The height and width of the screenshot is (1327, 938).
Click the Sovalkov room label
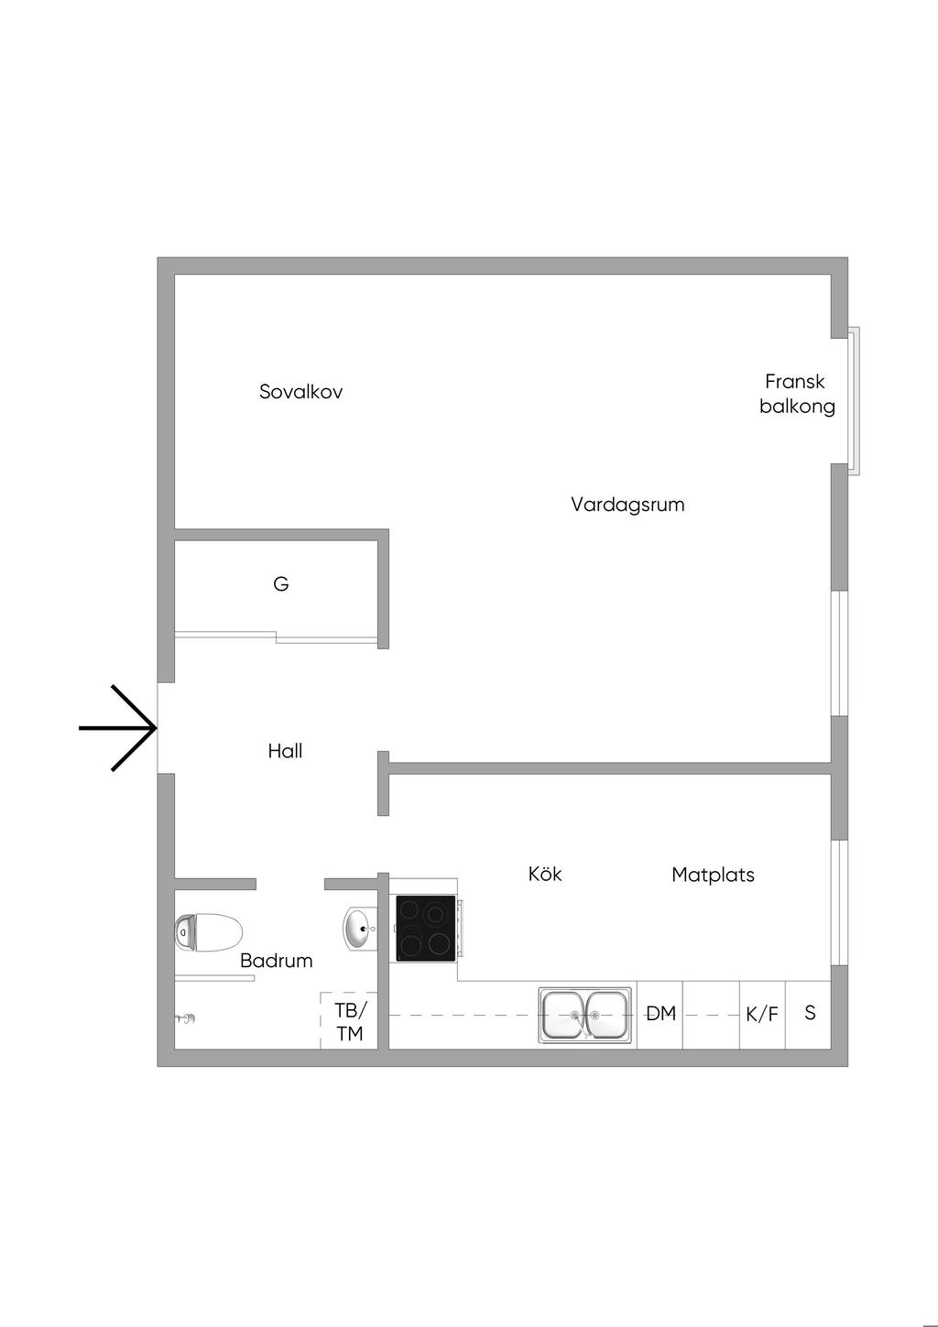(300, 392)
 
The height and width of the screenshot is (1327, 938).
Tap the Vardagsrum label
(627, 505)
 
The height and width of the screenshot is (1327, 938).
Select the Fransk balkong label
(796, 394)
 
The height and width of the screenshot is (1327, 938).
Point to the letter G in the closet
(281, 583)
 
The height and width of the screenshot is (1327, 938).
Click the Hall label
(285, 751)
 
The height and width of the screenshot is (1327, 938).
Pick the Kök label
(545, 874)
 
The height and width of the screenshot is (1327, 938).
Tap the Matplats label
(713, 875)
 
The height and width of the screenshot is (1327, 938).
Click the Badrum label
(276, 961)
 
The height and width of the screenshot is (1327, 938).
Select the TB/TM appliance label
(349, 1022)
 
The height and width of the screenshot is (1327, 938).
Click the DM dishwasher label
(660, 1014)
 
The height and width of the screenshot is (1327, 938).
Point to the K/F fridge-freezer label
(762, 1015)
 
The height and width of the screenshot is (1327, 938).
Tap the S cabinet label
(810, 1014)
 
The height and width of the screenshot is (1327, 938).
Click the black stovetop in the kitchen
(425, 928)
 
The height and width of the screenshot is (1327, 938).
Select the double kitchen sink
(585, 1016)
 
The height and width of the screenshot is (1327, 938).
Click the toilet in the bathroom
(208, 932)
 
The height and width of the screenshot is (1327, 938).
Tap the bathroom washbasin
(359, 928)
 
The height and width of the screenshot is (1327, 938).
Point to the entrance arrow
(119, 728)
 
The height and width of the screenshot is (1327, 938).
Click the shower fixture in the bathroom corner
(187, 1018)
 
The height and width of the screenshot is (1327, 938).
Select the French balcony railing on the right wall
(854, 400)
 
